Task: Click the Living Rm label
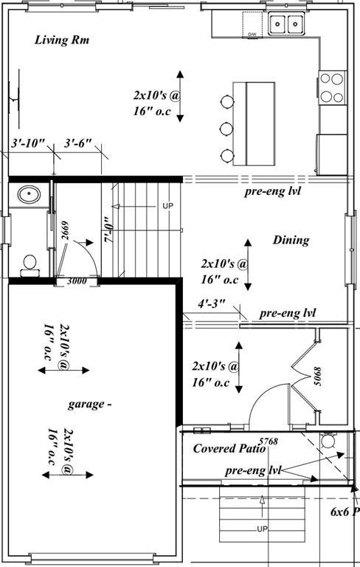pos(62,40)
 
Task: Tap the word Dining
pos(291,240)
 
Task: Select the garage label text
pos(90,404)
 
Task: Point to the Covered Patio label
pos(224,448)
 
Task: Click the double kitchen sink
pos(286,24)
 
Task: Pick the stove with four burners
pos(332,86)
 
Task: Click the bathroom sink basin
pos(30,196)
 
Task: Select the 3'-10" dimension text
pos(28,142)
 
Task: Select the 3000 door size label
pos(77,281)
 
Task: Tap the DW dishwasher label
pos(252,34)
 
